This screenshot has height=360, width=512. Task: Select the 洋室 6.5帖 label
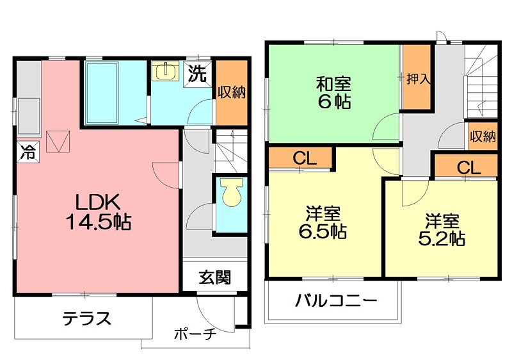tap(322, 222)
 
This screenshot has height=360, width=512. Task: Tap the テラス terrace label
tap(87, 318)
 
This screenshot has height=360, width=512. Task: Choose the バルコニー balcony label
tap(337, 301)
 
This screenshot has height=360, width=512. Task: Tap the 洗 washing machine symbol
tap(198, 74)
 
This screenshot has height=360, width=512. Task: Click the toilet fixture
tap(230, 192)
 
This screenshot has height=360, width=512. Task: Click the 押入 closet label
tap(418, 79)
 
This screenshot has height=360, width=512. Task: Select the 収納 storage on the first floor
tap(230, 92)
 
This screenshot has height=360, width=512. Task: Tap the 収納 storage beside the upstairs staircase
tap(482, 136)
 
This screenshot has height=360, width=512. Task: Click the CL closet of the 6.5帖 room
tap(304, 158)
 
